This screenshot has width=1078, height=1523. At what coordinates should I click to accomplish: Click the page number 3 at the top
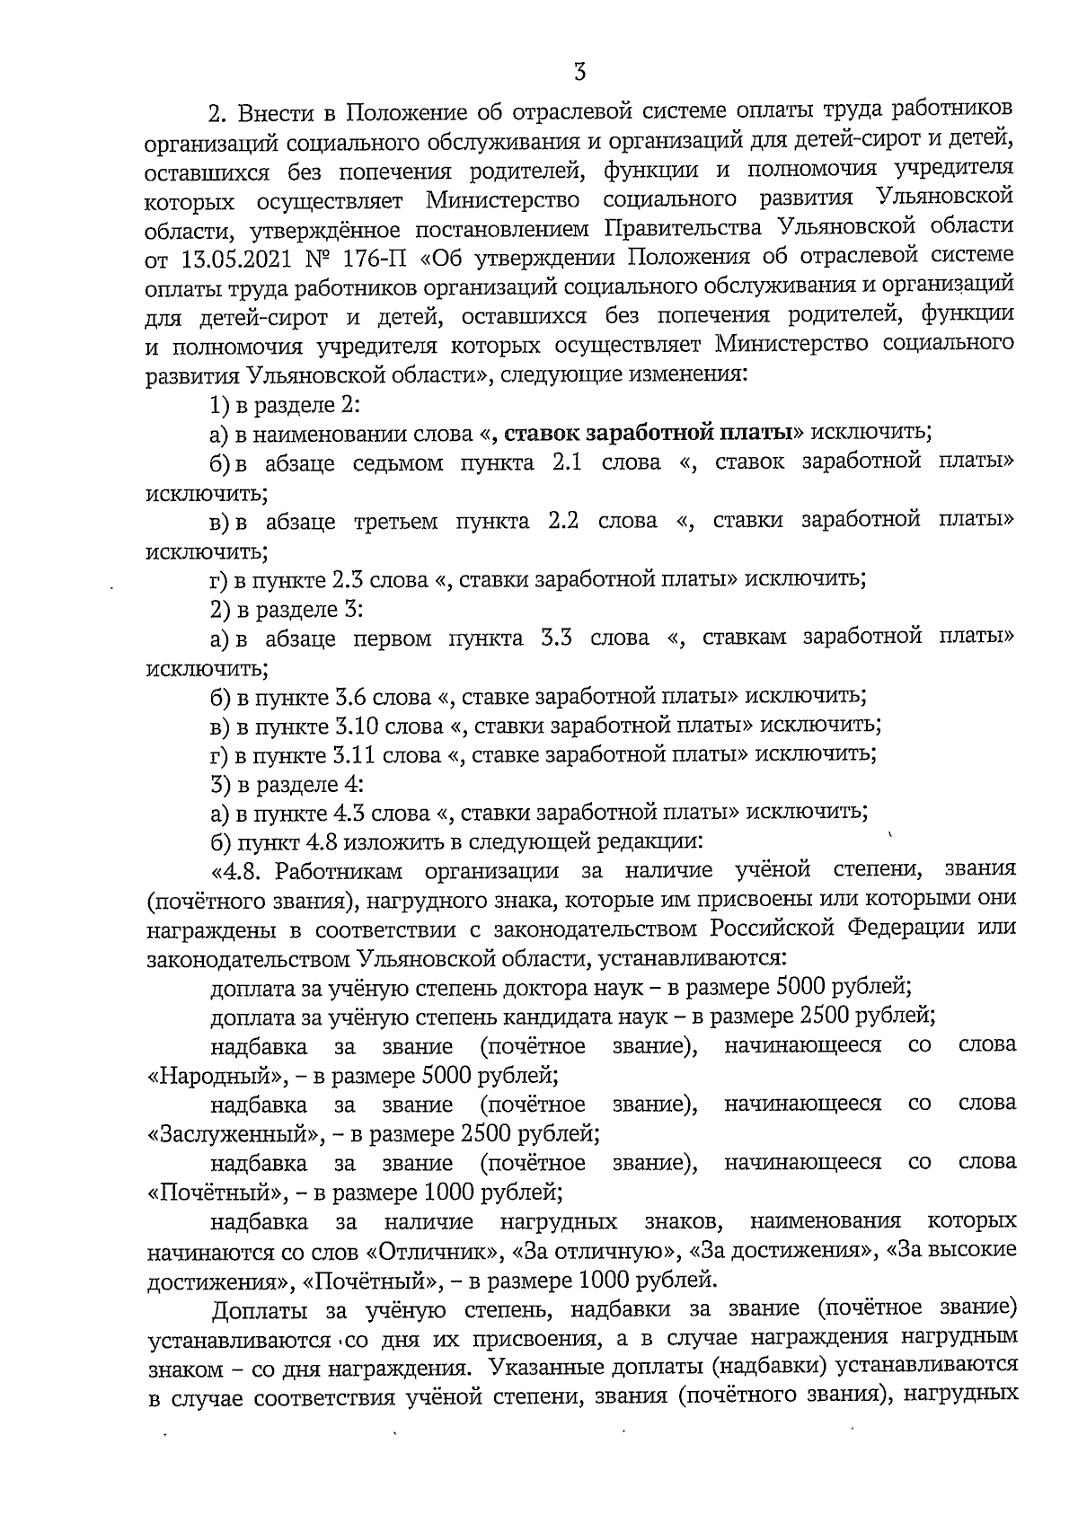579,70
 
